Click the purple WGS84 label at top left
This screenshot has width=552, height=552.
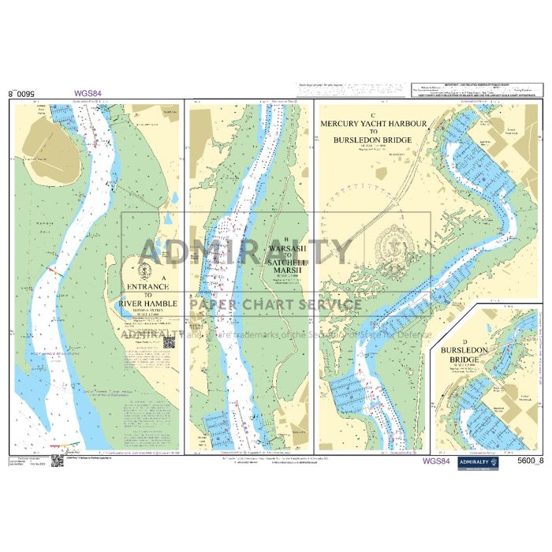click(88, 92)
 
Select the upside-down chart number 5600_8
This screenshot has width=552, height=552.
click(22, 92)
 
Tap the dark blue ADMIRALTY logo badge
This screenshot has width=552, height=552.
click(479, 463)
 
